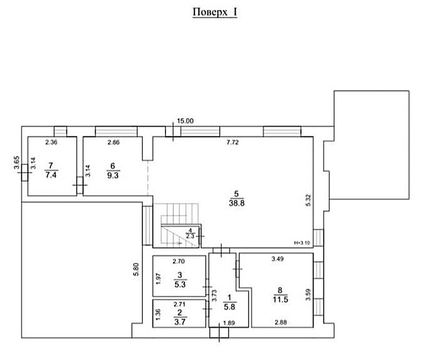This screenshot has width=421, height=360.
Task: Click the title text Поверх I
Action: [x=215, y=12]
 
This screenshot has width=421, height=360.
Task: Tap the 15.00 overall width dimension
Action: [x=185, y=121]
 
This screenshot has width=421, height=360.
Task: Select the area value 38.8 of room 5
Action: [x=236, y=203]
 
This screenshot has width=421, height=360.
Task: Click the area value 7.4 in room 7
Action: [x=51, y=175]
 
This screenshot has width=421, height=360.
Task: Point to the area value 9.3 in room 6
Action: [x=113, y=175]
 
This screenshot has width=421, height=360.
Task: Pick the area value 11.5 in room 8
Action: [x=281, y=299]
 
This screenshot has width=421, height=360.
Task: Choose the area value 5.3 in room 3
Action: [x=180, y=284]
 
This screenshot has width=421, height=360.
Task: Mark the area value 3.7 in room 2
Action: [x=180, y=321]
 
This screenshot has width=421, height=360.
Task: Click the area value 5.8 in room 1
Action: [x=230, y=307]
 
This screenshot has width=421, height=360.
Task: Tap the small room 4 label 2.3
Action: [x=190, y=237]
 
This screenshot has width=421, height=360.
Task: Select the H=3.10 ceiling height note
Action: [x=302, y=243]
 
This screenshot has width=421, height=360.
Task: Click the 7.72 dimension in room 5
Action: [x=232, y=142]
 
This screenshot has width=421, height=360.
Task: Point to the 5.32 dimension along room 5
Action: [x=308, y=200]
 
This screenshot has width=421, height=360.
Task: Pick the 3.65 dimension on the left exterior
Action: [x=16, y=163]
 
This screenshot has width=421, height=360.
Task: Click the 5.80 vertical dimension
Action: [x=136, y=269]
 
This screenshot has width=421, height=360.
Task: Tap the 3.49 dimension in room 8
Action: [x=278, y=259]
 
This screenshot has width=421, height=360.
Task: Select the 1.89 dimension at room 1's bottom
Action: [x=229, y=323]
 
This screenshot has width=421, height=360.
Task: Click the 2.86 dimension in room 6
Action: [x=113, y=142]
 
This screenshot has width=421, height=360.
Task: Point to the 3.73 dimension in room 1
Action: [x=214, y=296]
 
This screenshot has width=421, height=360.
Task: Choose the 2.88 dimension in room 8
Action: [x=281, y=322]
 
